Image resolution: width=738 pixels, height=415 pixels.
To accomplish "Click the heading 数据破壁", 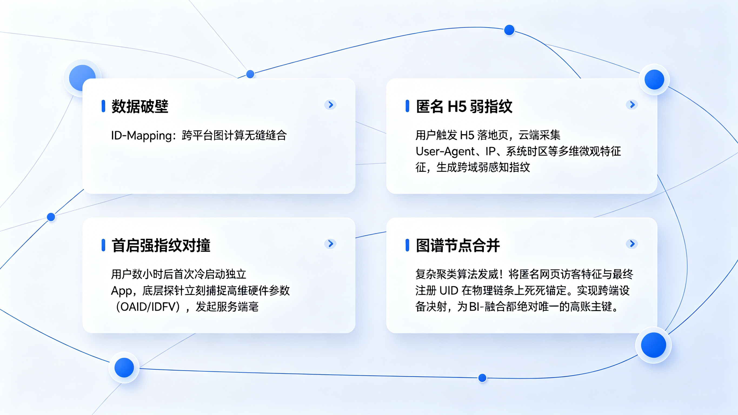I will (x=140, y=106).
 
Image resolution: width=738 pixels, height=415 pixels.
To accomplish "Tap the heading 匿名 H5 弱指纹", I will (x=464, y=106).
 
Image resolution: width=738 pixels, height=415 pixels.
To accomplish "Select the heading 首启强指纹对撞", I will (x=161, y=245).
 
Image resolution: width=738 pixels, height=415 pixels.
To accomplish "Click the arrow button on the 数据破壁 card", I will (x=330, y=105).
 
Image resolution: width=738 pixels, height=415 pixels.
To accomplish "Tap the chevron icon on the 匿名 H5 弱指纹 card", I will (x=632, y=105).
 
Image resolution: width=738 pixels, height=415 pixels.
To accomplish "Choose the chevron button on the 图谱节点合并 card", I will (x=632, y=244).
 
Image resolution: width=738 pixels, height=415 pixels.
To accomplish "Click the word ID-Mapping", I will (x=142, y=135).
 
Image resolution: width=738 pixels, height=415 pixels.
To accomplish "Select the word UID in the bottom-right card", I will (x=449, y=291).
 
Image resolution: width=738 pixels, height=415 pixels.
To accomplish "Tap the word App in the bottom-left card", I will (x=121, y=291).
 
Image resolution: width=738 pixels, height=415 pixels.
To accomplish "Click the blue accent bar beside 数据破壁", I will (x=104, y=106).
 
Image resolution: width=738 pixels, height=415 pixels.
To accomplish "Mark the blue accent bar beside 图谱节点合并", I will (x=407, y=245).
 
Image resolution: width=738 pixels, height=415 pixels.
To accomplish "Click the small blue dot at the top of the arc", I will (x=509, y=30).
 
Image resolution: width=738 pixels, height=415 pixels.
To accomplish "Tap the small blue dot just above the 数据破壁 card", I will (x=250, y=74).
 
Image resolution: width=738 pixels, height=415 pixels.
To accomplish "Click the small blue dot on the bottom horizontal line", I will (x=483, y=378).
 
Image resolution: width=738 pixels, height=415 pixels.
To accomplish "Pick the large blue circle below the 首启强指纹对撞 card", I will (x=124, y=367).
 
